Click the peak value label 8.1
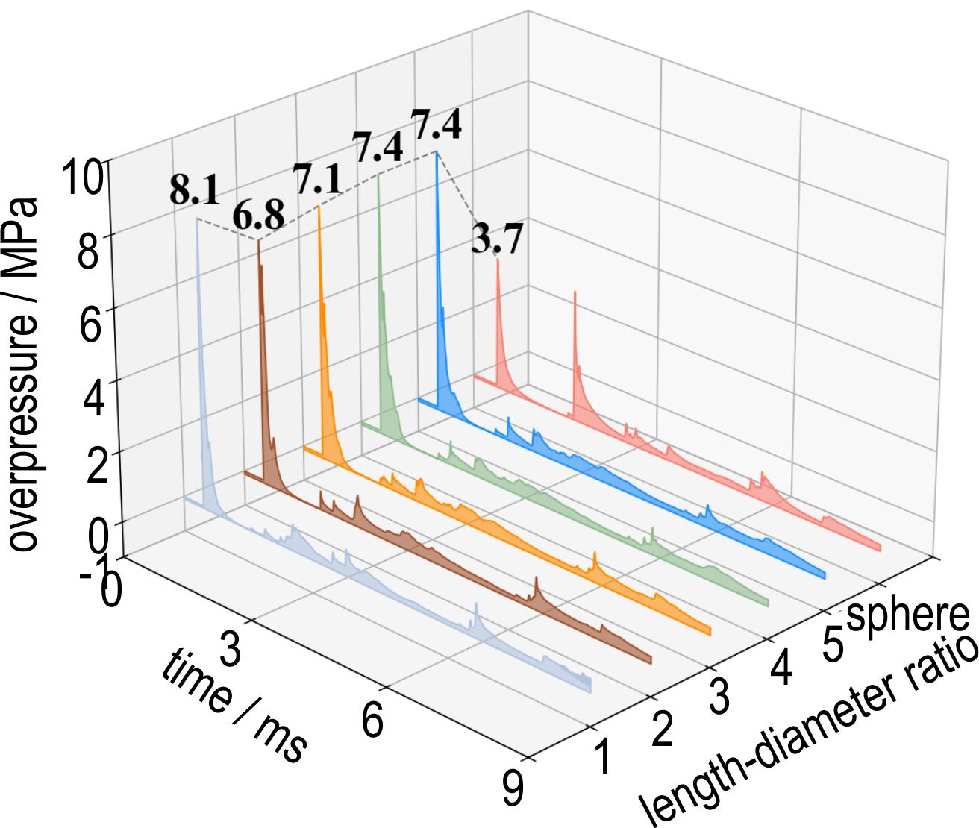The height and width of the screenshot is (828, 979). tap(194, 191)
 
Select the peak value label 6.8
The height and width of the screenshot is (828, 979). tap(257, 216)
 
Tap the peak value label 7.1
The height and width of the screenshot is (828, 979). tap(317, 180)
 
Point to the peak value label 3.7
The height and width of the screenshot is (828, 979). tap(496, 240)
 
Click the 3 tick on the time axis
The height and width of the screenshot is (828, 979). tap(232, 647)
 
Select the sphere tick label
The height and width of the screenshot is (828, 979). tap(909, 616)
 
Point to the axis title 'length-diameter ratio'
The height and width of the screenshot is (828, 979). tap(810, 731)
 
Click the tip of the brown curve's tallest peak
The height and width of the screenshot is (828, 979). tap(259, 241)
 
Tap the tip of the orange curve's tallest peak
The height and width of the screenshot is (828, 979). tap(319, 207)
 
